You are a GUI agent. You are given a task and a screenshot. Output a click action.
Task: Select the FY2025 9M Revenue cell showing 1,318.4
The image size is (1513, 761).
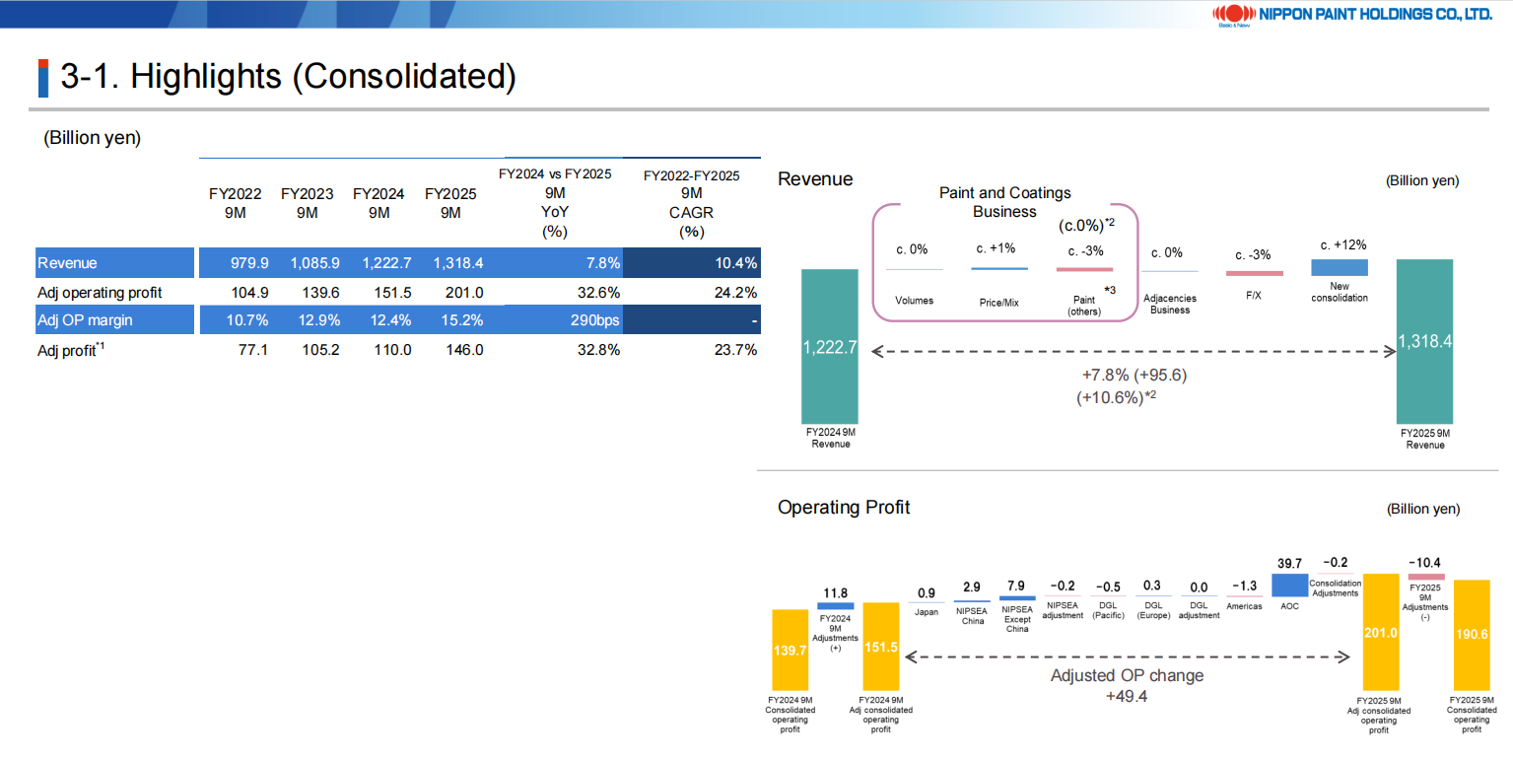click(450, 263)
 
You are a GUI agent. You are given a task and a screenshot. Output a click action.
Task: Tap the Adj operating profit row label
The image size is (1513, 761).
click(99, 293)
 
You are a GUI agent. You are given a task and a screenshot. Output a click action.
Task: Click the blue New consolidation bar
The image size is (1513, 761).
click(1339, 267)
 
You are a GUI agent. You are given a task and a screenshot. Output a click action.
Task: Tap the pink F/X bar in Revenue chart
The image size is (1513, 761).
click(1254, 273)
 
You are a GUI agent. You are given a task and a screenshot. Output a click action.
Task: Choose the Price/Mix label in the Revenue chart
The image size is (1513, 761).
click(998, 303)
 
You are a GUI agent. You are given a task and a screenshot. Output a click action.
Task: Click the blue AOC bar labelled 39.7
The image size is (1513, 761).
click(1289, 586)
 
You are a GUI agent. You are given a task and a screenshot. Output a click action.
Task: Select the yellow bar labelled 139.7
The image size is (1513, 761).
click(791, 650)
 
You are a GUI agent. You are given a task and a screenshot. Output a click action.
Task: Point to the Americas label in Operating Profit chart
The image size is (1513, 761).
click(1244, 606)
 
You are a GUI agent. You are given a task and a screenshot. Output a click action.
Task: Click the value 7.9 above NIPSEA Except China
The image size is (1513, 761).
click(1016, 587)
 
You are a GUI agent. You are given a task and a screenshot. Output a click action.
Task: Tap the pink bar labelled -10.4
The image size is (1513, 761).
click(1425, 577)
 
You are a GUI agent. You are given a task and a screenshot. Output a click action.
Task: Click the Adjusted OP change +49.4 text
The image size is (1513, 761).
click(1127, 685)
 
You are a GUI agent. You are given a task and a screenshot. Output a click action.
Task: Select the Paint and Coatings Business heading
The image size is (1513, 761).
click(1004, 202)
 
